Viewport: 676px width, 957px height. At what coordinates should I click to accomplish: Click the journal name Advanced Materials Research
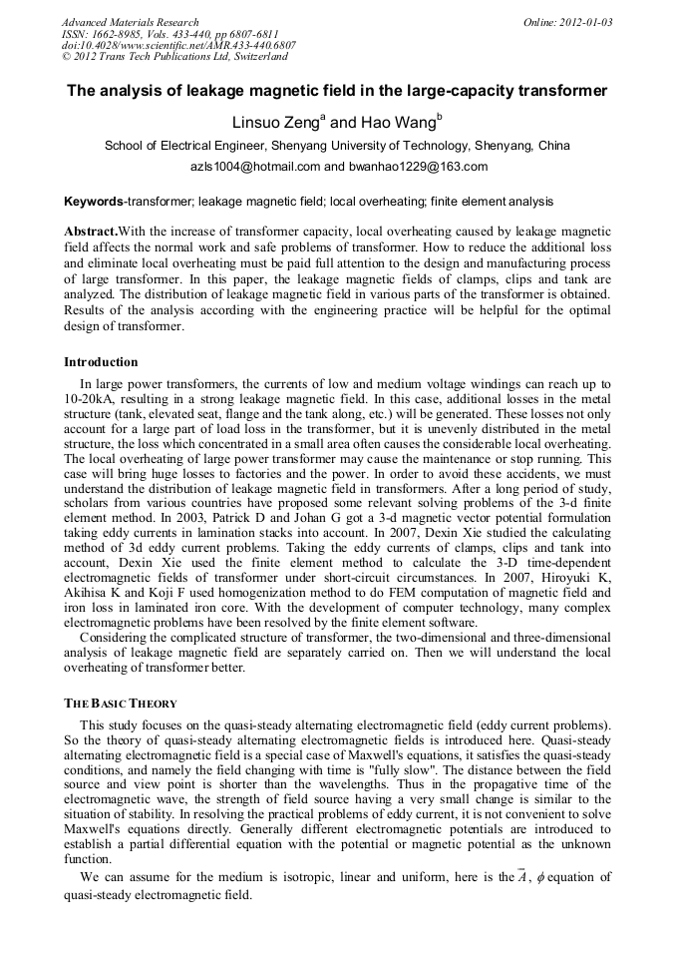tap(130, 22)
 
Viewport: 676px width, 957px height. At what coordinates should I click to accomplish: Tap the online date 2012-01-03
tap(582, 22)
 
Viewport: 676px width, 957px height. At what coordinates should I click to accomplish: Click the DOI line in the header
tap(178, 45)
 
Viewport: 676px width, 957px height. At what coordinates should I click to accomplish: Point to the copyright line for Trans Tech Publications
tap(174, 57)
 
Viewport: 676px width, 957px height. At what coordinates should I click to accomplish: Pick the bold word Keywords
tap(93, 202)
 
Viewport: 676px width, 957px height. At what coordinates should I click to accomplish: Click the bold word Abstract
tap(91, 231)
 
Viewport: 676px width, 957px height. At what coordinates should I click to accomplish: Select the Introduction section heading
tap(101, 362)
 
